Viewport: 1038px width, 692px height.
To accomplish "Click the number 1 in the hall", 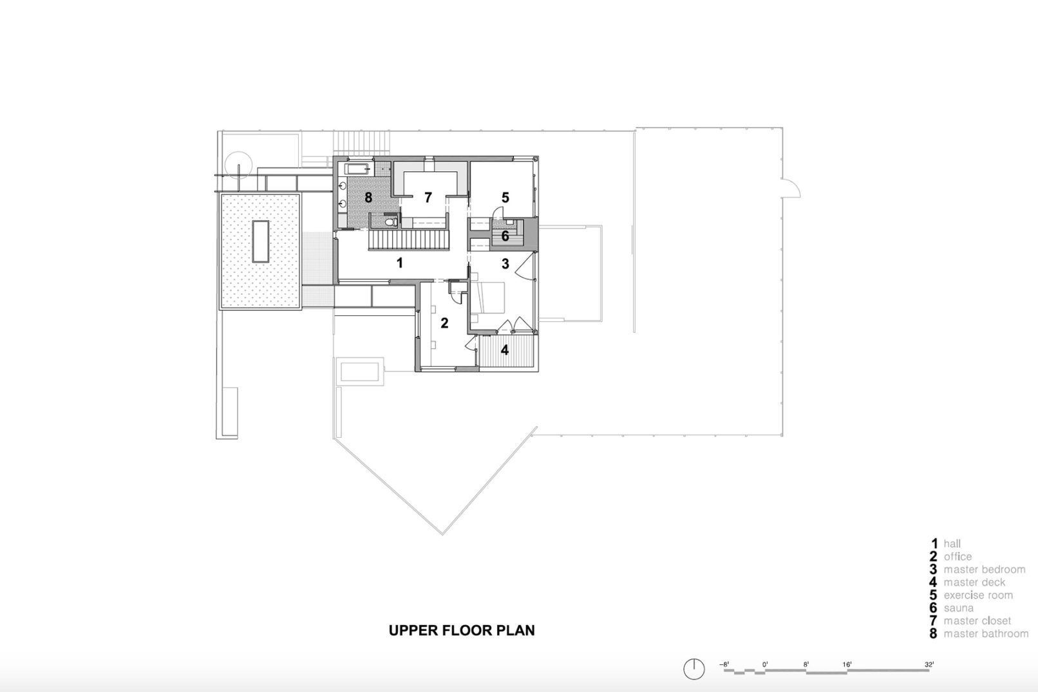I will (x=400, y=263).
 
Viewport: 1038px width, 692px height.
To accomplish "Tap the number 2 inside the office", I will (x=444, y=323).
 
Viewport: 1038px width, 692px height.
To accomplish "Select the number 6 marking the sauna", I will (x=505, y=237).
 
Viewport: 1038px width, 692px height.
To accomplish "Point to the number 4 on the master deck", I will (x=505, y=350).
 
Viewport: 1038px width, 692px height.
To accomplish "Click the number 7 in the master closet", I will (x=428, y=198).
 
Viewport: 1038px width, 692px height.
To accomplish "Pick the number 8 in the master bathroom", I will (x=368, y=198).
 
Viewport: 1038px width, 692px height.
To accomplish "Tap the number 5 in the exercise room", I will (x=505, y=197).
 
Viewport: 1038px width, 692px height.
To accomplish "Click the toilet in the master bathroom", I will (x=388, y=222).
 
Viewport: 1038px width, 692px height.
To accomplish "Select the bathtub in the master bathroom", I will (x=357, y=169).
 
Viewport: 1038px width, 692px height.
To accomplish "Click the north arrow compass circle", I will (x=694, y=669).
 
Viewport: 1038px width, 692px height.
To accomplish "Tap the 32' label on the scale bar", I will (x=929, y=664).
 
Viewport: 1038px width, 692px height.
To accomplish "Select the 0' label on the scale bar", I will (x=764, y=664).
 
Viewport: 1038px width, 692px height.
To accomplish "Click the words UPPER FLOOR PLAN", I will (x=462, y=630).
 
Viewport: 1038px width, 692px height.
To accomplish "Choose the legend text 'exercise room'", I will (x=978, y=595).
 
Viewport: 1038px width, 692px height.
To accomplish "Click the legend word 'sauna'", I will (x=959, y=608).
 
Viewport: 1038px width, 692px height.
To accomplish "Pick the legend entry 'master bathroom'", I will (x=986, y=634).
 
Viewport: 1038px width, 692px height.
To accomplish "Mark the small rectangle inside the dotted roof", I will (x=260, y=241).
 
